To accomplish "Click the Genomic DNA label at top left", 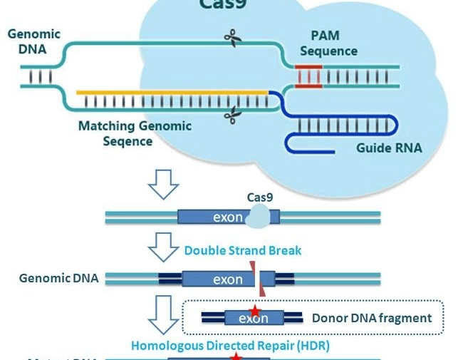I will point(33,41).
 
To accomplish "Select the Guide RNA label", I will point(389,148).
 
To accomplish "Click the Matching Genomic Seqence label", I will point(135,133).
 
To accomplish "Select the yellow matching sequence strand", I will point(171,92).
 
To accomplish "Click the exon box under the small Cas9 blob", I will point(214,217).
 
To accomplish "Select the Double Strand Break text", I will point(243,250).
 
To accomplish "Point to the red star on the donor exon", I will point(254,312).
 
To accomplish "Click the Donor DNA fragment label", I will point(371,318).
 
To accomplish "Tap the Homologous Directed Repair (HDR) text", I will point(230,345).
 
